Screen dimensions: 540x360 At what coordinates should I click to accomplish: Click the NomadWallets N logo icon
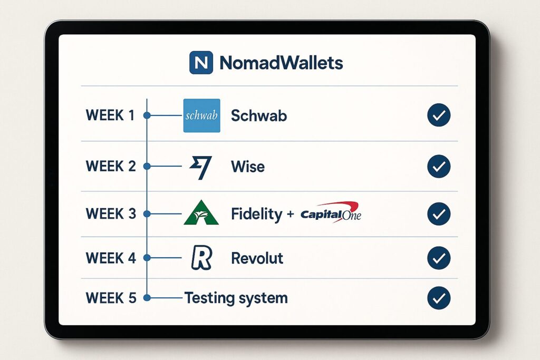[201, 63]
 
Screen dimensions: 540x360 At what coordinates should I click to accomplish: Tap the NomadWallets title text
[281, 63]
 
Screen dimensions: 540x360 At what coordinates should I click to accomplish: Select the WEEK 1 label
[110, 115]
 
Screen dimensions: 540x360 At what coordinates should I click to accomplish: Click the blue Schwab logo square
[202, 115]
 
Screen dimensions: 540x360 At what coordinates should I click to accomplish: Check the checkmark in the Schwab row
[439, 115]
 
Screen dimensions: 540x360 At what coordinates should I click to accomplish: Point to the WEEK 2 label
[111, 166]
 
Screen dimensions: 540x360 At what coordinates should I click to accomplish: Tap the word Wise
[248, 167]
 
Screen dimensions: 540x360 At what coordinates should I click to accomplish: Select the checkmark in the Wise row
[439, 166]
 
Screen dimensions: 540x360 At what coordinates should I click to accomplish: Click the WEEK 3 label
[111, 213]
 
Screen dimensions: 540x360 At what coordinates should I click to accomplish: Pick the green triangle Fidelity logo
[201, 212]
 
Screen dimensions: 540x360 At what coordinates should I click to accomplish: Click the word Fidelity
[257, 215]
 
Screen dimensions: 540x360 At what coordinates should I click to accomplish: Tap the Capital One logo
[331, 212]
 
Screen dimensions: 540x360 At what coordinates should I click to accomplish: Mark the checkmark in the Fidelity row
[439, 213]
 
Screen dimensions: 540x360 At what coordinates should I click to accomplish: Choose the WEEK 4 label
[111, 258]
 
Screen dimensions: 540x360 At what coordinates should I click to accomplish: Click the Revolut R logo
[201, 257]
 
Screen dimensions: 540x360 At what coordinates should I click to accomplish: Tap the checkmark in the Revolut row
[439, 258]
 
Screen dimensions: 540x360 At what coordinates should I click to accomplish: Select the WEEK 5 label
[111, 298]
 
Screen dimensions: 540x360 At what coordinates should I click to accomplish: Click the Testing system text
[236, 298]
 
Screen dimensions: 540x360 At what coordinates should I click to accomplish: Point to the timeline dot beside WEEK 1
[147, 115]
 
